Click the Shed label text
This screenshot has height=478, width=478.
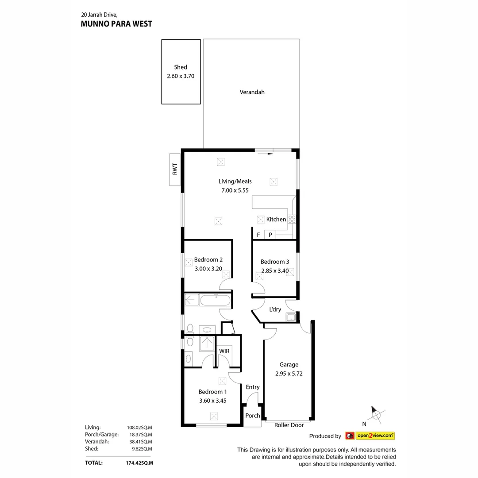point(181,67)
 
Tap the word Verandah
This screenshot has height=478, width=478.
point(252,92)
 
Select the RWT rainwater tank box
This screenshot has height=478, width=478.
point(175,170)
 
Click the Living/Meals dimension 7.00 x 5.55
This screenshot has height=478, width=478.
point(235,190)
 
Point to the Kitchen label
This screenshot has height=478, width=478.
point(276,219)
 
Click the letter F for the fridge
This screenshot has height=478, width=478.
point(258,235)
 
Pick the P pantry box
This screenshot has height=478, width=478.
point(270,235)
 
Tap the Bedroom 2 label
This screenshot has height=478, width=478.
point(208,259)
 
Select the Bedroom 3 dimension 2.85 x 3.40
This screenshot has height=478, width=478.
point(274,271)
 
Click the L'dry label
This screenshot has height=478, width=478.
point(275,309)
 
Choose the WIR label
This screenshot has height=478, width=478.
point(225,351)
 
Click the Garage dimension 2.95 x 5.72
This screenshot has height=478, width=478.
point(289,373)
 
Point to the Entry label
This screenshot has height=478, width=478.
point(253,387)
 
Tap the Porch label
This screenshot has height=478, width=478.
point(253,416)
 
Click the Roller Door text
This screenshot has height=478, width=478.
point(289,425)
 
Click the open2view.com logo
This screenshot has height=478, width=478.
point(370,436)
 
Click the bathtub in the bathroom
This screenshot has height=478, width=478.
point(215,301)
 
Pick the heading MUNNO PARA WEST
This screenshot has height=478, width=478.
point(116,24)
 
